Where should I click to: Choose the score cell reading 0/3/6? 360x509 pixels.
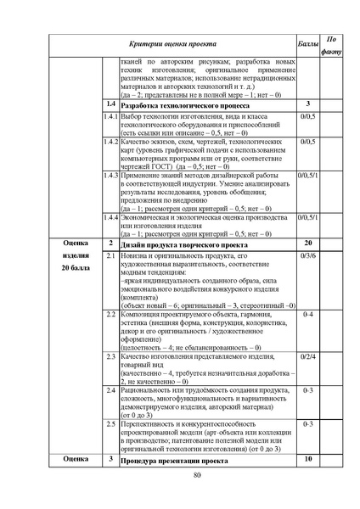coord(308,255)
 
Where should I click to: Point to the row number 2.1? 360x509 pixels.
coord(110,255)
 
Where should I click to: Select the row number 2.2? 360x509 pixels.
coord(110,315)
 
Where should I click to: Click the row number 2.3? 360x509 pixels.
coord(110,356)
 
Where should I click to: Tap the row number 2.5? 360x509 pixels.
coord(110,422)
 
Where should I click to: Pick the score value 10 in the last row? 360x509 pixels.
coord(308,460)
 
